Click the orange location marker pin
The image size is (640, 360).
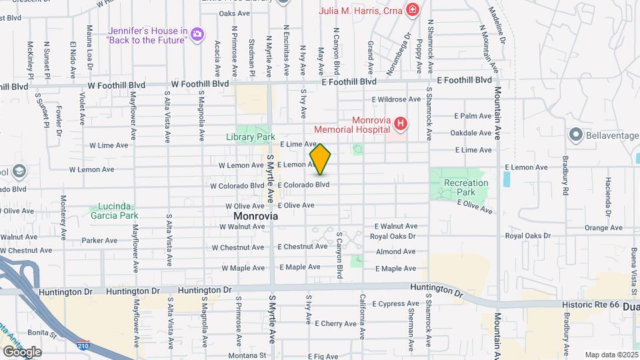(x=321, y=159)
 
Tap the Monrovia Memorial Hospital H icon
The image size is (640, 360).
(x=400, y=123)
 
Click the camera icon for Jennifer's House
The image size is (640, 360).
(x=197, y=33)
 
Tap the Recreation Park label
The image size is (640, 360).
(x=466, y=187)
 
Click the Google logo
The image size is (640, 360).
(x=21, y=351)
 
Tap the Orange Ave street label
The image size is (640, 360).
(x=603, y=228)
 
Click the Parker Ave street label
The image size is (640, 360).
(x=100, y=241)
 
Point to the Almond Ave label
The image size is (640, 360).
(x=396, y=252)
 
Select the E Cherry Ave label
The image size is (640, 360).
(x=337, y=323)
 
